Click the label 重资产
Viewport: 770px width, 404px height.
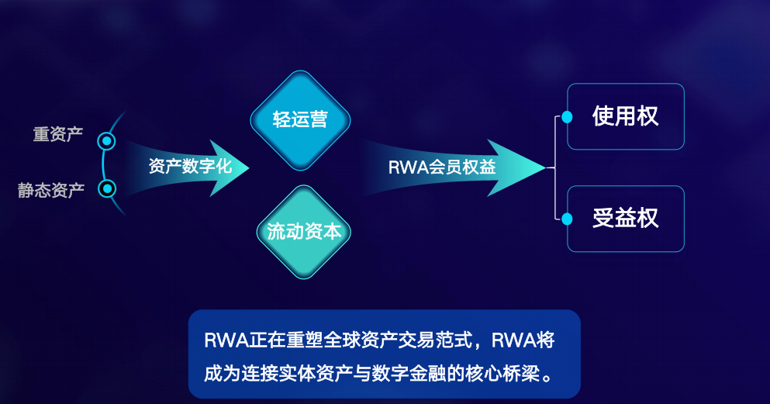(x=57, y=133)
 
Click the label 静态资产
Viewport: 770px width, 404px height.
(x=51, y=190)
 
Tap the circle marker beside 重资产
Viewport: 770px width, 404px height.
(x=107, y=141)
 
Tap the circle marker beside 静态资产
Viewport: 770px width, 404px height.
(x=108, y=188)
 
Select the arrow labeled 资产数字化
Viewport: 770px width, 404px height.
(x=190, y=166)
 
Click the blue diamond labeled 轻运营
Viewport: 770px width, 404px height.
(x=300, y=119)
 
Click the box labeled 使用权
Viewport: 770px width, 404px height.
(x=625, y=116)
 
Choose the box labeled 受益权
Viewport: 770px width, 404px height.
(x=625, y=219)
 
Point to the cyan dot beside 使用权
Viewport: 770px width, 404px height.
(x=567, y=117)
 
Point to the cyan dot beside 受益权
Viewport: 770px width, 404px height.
(x=567, y=219)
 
